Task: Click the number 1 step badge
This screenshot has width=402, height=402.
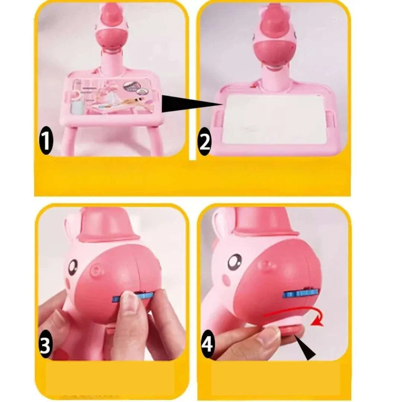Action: pyautogui.click(x=46, y=141)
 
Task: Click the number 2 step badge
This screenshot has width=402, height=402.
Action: pyautogui.click(x=204, y=141)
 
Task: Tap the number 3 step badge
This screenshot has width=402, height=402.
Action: pyautogui.click(x=45, y=344)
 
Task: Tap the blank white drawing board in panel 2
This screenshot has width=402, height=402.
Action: pyautogui.click(x=274, y=120)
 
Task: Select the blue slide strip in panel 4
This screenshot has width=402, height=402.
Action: pyautogui.click(x=301, y=294)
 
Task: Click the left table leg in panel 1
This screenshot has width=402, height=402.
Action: pyautogui.click(x=68, y=141)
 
